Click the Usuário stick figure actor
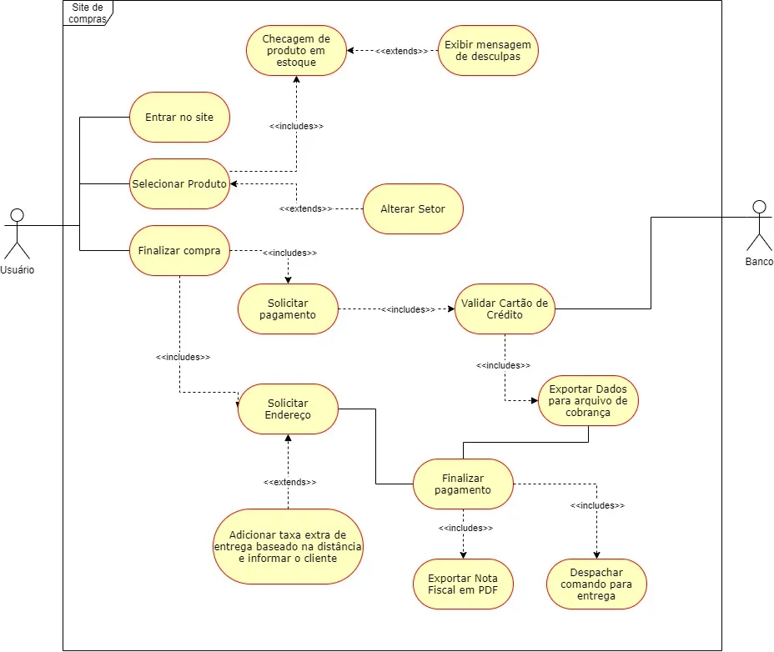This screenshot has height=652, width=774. [x=17, y=233]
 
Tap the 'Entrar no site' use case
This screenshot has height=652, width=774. [x=179, y=117]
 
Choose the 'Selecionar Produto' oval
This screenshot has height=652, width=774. [x=179, y=183]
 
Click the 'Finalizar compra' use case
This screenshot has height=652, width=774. [x=179, y=250]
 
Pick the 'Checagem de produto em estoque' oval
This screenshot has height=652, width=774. [x=296, y=50]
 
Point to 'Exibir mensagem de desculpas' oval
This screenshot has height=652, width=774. [x=489, y=50]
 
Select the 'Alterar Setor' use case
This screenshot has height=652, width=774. [x=413, y=208]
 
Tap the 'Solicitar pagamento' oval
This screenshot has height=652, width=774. [x=288, y=308]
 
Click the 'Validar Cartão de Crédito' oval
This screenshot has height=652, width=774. [x=505, y=308]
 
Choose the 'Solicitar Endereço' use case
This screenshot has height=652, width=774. [x=288, y=409]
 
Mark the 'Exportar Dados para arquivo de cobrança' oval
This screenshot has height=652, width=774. [x=588, y=400]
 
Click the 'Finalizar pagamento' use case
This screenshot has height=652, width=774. [x=463, y=484]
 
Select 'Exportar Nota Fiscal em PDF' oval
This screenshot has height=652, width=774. [x=463, y=584]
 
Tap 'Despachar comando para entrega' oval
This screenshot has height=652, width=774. [x=596, y=584]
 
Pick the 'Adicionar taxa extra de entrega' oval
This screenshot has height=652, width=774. [x=288, y=546]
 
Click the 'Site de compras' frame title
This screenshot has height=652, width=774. [x=87, y=13]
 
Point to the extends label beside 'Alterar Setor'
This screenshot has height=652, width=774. [x=305, y=208]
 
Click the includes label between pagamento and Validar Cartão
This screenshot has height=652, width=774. [x=408, y=309]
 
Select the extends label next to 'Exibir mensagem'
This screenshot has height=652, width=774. [x=401, y=51]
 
